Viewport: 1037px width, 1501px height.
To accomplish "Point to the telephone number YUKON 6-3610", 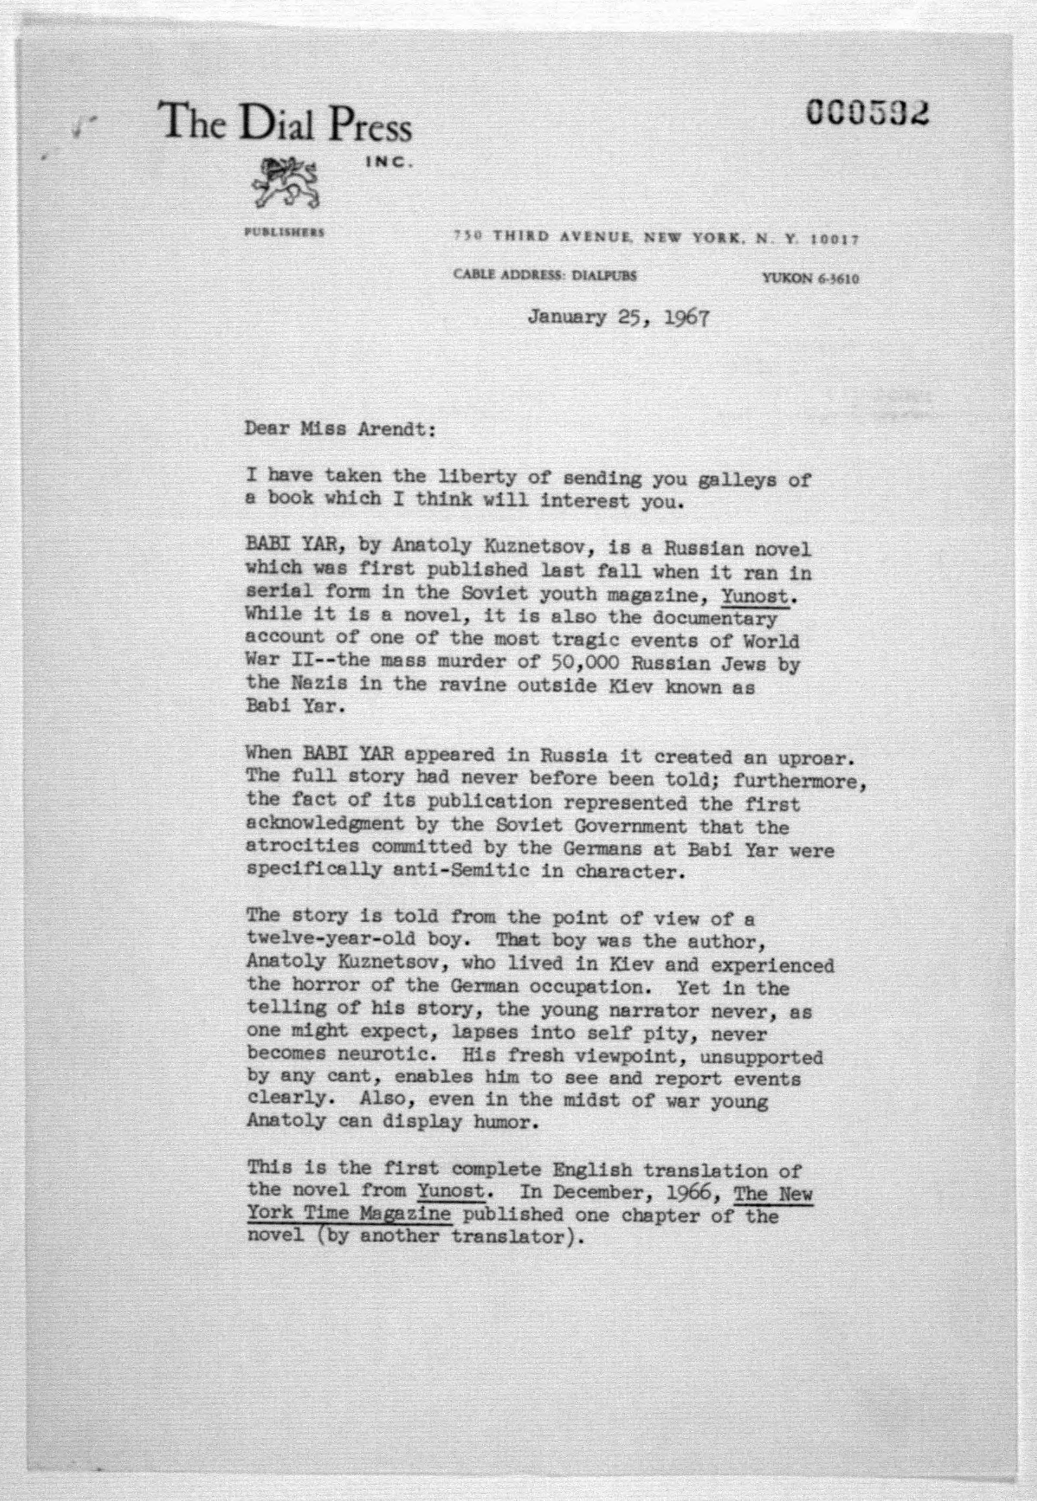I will click(x=810, y=279).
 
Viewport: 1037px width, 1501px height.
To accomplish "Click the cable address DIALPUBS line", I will click(x=545, y=275).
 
